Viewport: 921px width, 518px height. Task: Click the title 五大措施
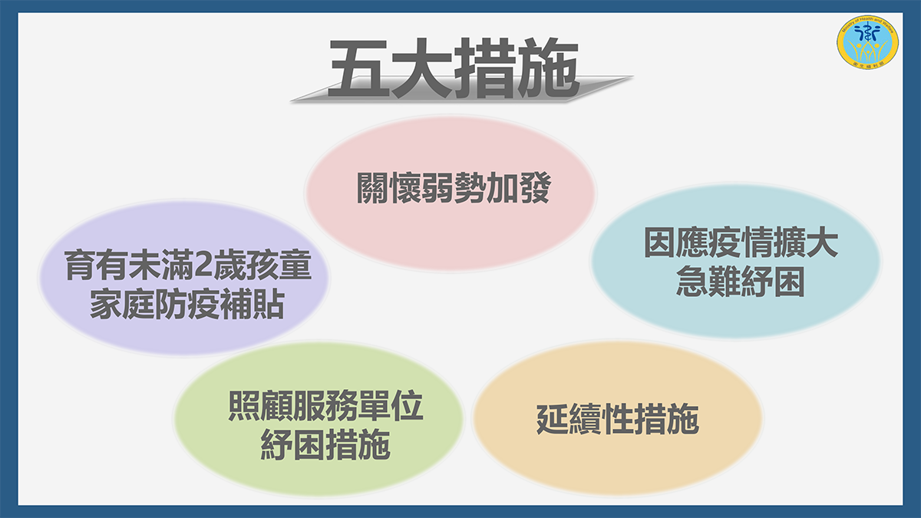click(x=454, y=68)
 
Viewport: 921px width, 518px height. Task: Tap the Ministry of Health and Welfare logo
click(x=867, y=42)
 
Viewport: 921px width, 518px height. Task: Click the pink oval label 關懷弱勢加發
click(x=454, y=188)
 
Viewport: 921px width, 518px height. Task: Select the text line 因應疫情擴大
click(x=741, y=243)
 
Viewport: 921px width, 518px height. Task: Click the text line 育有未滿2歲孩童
click(x=188, y=266)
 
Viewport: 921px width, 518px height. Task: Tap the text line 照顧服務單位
click(x=325, y=405)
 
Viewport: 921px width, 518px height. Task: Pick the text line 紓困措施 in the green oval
click(x=325, y=445)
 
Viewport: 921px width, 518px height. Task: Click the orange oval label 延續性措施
click(x=618, y=420)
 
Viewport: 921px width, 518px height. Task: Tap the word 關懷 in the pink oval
click(x=388, y=188)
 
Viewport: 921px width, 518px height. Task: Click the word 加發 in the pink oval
click(x=519, y=188)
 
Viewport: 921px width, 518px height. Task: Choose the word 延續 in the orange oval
click(x=569, y=420)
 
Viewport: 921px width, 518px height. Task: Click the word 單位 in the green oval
click(x=391, y=405)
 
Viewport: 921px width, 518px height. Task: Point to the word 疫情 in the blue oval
click(x=741, y=243)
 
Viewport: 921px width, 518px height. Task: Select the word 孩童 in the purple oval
click(x=279, y=266)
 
